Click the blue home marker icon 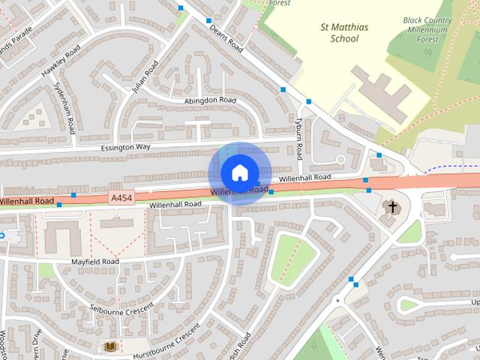[x=238, y=172]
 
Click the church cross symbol [x=391, y=206]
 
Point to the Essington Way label [x=125, y=148]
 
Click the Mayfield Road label [x=95, y=262]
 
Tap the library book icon [x=109, y=346]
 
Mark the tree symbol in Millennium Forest [x=427, y=52]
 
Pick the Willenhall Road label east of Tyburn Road [x=304, y=178]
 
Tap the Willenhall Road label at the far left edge [x=27, y=202]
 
